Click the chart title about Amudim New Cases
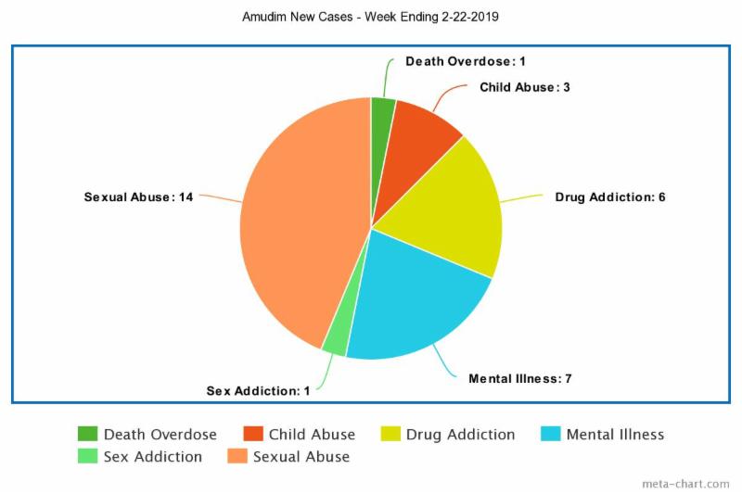(371, 17)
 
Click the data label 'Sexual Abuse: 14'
(138, 197)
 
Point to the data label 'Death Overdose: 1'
(466, 61)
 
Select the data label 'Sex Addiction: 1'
(258, 390)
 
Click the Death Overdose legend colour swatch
(88, 435)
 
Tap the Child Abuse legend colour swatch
(253, 435)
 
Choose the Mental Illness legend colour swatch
(551, 435)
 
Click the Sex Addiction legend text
(152, 457)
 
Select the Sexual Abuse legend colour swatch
(237, 457)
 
